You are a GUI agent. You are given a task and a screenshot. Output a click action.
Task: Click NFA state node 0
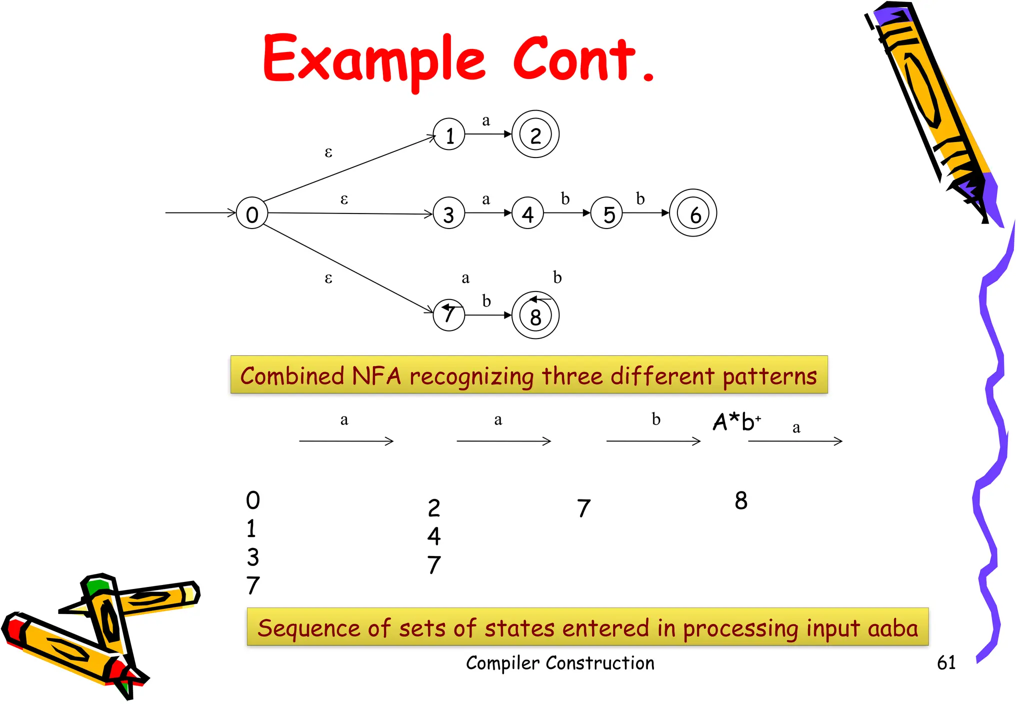click(x=252, y=213)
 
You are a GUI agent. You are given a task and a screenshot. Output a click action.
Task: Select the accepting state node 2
click(x=535, y=134)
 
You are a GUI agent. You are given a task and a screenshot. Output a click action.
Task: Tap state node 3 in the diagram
click(x=448, y=213)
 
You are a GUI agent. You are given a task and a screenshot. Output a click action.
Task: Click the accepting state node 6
click(x=693, y=213)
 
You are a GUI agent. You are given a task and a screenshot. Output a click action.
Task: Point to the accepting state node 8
click(x=535, y=315)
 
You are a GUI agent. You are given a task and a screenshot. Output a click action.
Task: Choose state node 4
click(x=527, y=213)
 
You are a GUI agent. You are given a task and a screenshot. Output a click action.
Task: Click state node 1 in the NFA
click(x=449, y=134)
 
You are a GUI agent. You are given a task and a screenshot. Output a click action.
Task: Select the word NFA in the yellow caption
click(x=376, y=375)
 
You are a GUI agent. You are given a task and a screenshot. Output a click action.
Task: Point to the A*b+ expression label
click(x=736, y=421)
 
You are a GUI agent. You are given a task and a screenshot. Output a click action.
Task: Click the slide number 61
click(x=946, y=662)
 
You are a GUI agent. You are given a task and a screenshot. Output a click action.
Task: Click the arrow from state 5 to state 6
click(x=645, y=213)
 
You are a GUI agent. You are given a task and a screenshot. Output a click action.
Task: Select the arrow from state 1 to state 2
click(x=488, y=134)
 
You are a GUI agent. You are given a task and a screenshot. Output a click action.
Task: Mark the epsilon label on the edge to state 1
click(x=328, y=152)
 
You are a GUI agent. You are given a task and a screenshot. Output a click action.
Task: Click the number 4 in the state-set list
click(x=434, y=536)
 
